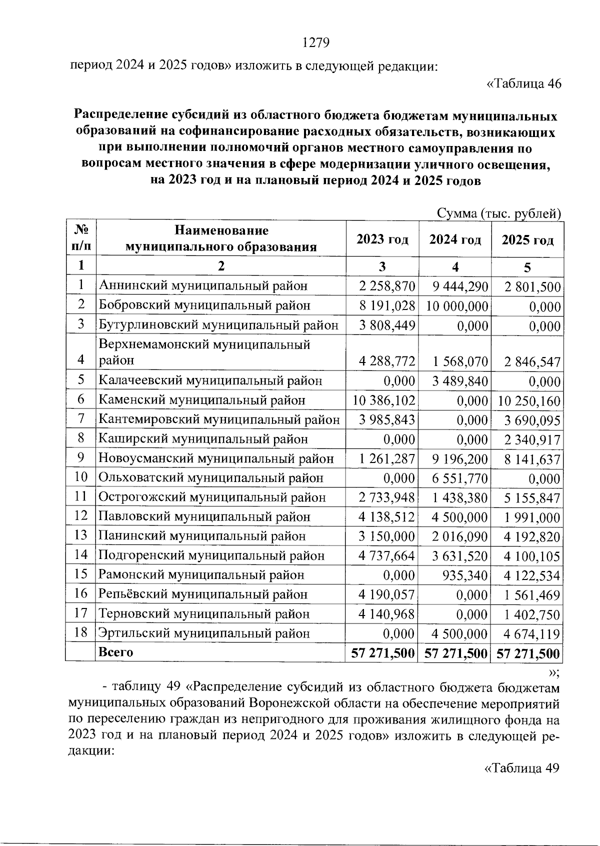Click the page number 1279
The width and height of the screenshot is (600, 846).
pyautogui.click(x=316, y=43)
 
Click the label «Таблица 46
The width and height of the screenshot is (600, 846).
pyautogui.click(x=524, y=83)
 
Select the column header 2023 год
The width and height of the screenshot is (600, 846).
pyautogui.click(x=382, y=239)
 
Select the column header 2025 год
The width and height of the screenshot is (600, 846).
pyautogui.click(x=527, y=240)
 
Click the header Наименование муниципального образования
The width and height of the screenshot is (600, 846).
pyautogui.click(x=221, y=238)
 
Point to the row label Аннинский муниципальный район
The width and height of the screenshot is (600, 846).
pyautogui.click(x=203, y=286)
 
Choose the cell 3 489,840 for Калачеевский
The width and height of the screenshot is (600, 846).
pyautogui.click(x=460, y=381)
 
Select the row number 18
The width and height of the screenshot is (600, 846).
pyautogui.click(x=80, y=632)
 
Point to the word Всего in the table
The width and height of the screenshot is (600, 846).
pyautogui.click(x=116, y=652)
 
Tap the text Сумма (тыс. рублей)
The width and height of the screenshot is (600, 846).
pyautogui.click(x=498, y=214)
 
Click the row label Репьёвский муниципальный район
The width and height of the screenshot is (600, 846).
pyautogui.click(x=203, y=594)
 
